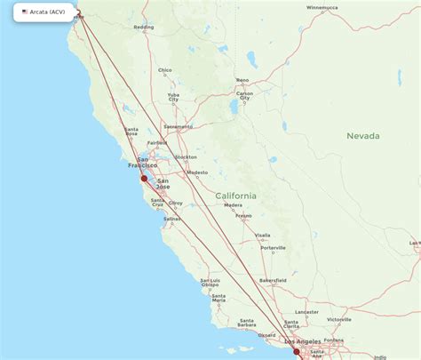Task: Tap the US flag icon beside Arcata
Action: point(25,12)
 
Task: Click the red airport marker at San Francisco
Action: point(144,178)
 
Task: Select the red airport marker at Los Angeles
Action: point(298,351)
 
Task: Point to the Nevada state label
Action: point(363,136)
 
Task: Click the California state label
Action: point(236,196)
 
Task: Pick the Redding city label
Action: point(143,28)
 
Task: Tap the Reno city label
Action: point(242,80)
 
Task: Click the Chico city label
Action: point(164,70)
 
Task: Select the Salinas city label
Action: point(172,218)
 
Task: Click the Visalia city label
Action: point(263,236)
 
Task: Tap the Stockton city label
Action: point(187,157)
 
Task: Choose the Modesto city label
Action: point(197,172)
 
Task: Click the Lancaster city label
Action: point(306,312)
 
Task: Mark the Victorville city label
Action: point(338,319)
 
